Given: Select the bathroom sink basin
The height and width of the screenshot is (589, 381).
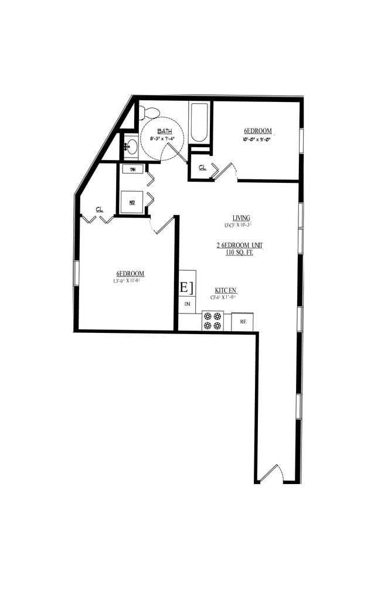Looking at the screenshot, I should (x=132, y=146).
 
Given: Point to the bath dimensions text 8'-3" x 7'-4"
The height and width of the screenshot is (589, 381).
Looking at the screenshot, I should (x=162, y=139).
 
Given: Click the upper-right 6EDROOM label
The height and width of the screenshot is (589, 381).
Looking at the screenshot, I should (x=257, y=131).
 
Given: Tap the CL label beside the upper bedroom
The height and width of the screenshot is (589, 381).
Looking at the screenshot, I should (x=203, y=167).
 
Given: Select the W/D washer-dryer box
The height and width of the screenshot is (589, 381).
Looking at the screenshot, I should (x=132, y=202).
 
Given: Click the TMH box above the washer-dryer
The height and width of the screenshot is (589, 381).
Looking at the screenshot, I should (x=132, y=169).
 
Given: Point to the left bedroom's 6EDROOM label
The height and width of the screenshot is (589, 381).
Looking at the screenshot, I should (x=130, y=274).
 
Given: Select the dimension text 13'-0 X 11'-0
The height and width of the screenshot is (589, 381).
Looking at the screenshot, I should (x=127, y=281).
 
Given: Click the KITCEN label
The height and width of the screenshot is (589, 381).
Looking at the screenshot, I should (x=225, y=290).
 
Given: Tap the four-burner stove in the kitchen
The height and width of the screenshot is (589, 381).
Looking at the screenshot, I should (x=212, y=321).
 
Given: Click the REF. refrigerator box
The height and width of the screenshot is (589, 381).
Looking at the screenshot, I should (x=242, y=322).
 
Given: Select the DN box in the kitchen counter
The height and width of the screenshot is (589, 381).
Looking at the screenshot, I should (x=187, y=304).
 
